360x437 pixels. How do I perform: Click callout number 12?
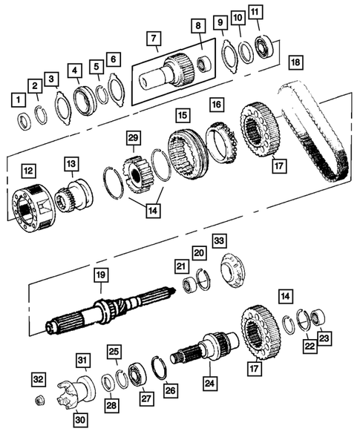point(27,171)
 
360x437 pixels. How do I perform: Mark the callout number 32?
point(38,380)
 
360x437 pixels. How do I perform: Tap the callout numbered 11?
point(255,13)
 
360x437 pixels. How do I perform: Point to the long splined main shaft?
point(111,309)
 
